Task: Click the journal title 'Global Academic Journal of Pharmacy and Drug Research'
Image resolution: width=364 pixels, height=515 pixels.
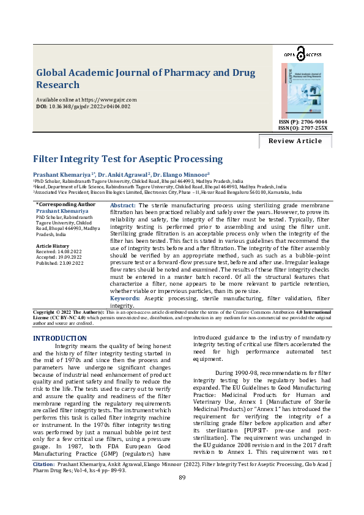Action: [146, 78]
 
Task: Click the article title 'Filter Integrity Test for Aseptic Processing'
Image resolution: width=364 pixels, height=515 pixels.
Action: [128, 159]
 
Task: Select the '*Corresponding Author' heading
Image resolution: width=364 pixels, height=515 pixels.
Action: [65, 204]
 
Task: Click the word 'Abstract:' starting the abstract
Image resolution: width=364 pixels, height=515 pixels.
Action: [122, 206]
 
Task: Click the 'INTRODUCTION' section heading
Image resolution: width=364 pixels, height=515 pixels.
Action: [59, 338]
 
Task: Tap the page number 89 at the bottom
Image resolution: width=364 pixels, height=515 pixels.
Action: [182, 494]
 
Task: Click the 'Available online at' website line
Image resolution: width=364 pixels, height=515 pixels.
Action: [86, 99]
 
